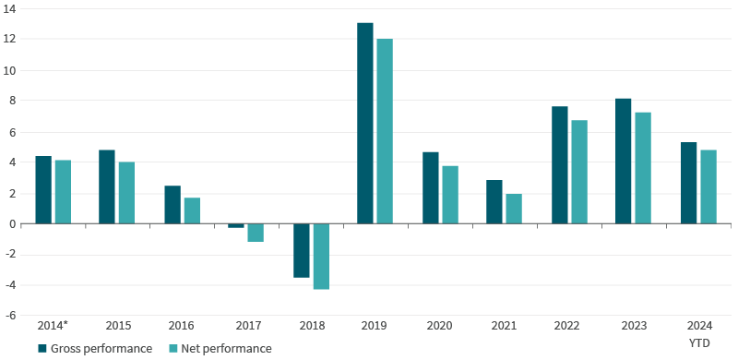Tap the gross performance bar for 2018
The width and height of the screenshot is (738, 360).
301,250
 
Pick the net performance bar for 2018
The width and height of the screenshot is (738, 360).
320,257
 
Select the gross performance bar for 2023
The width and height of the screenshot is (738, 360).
624,161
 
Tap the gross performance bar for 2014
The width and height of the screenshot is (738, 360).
43,190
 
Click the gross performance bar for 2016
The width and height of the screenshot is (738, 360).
173,205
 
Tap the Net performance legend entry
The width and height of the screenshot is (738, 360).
220,348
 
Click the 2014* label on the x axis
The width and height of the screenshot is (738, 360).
54,326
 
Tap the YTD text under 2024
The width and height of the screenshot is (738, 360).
699,342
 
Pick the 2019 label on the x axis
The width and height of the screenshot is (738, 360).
375,326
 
